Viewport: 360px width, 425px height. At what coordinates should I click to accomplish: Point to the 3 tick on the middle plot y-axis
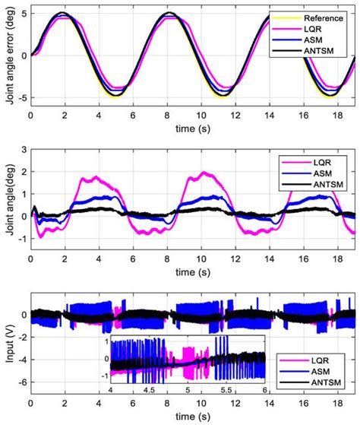(24, 151)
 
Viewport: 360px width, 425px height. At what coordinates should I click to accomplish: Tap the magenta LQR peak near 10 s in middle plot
(204, 173)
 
